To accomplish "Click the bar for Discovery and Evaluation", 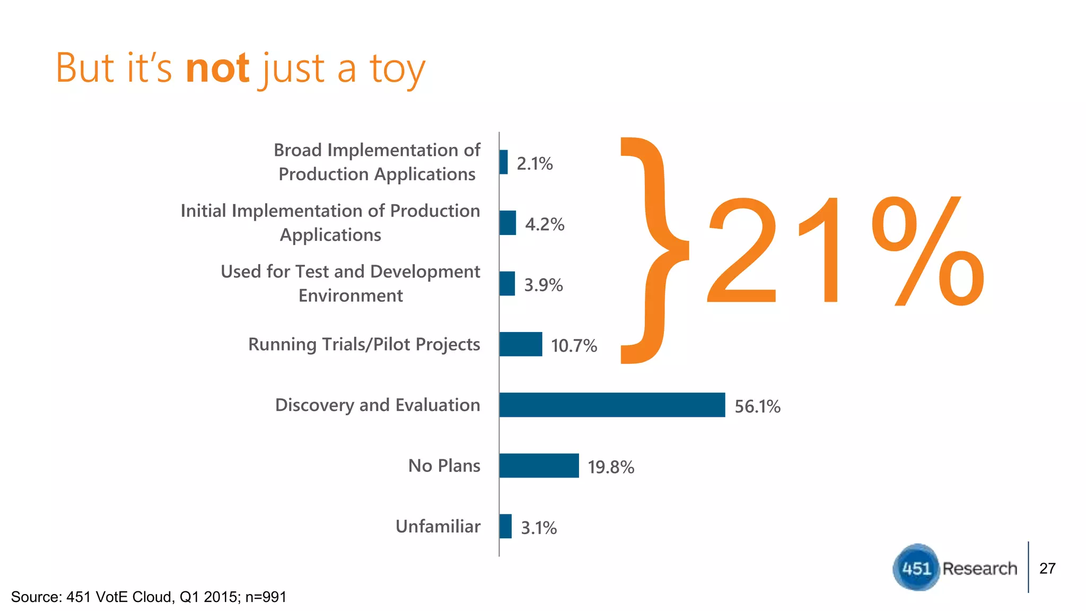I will (x=612, y=405).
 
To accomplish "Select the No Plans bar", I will (x=539, y=466).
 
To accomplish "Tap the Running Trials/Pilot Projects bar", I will (x=521, y=344).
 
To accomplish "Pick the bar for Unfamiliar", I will (x=505, y=526).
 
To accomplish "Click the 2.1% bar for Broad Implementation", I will (x=503, y=162).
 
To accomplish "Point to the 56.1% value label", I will (x=757, y=406).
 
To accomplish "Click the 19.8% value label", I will (x=611, y=467).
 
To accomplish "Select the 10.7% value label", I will (x=574, y=346).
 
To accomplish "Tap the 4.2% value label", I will (x=545, y=224).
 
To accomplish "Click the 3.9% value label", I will (x=544, y=285).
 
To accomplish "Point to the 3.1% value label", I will (x=539, y=528).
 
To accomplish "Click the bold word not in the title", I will (x=217, y=69).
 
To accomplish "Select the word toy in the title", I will (x=397, y=70).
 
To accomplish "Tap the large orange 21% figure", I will (x=845, y=251).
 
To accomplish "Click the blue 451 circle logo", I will (x=916, y=568).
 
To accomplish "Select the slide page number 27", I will (x=1047, y=568).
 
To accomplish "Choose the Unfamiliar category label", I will (x=437, y=526).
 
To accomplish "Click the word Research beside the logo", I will (x=979, y=568).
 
